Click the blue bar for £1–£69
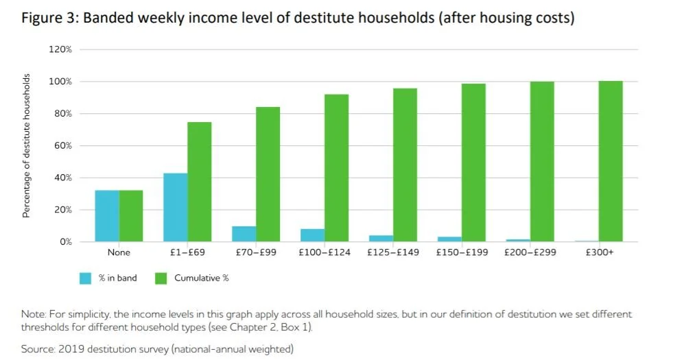[176, 207]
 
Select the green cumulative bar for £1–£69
[200, 182]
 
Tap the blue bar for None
[107, 215]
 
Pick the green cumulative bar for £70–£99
[268, 174]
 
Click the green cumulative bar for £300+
[611, 161]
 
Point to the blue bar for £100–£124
[313, 235]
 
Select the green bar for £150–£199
[473, 163]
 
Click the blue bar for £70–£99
[244, 234]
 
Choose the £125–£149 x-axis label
[393, 252]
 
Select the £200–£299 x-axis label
[530, 252]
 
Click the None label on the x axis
[119, 252]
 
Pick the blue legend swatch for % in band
[85, 278]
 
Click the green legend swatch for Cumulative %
[161, 278]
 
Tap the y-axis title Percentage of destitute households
[27, 145]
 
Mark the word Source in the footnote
[38, 349]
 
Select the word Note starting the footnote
[32, 314]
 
